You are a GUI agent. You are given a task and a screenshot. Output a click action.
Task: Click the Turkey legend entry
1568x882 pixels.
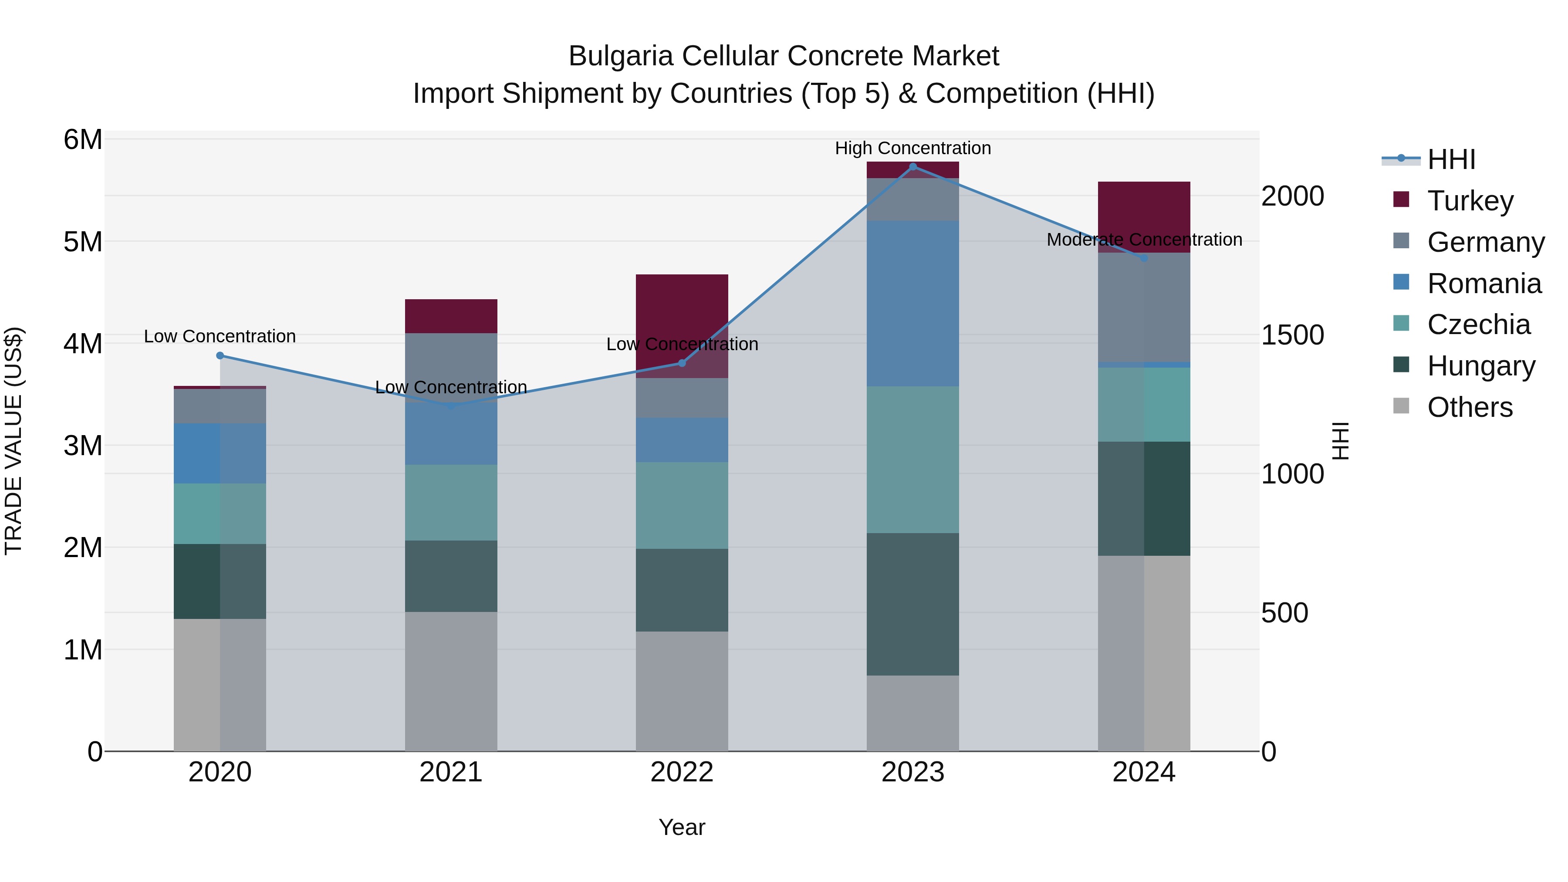click(1470, 201)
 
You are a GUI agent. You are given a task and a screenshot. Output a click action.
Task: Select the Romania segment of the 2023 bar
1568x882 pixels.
click(912, 303)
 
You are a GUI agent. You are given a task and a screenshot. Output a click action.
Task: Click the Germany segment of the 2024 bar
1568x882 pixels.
click(1144, 308)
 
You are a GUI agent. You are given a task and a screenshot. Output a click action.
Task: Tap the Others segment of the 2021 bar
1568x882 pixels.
click(451, 681)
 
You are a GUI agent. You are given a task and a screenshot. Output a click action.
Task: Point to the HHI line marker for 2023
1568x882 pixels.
click(912, 166)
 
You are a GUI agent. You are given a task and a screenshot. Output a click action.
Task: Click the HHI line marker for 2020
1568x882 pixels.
click(220, 355)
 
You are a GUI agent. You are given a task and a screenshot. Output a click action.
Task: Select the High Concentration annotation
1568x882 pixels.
click(912, 148)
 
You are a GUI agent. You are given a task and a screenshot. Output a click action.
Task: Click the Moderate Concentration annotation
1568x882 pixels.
click(1144, 240)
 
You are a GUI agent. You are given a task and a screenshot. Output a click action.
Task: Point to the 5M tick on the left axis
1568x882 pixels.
click(83, 242)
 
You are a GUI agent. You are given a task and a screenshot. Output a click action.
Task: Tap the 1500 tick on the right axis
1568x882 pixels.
click(1292, 335)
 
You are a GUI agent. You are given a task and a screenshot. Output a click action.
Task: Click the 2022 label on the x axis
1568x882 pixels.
click(682, 772)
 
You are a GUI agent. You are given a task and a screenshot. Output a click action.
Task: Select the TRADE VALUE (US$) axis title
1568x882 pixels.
click(14, 441)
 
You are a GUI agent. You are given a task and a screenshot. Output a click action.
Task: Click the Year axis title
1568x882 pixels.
click(682, 827)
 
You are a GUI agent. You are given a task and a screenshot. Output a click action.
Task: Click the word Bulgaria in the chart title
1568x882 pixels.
click(620, 56)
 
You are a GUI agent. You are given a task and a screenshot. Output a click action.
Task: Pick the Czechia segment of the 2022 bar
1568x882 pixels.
click(682, 505)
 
